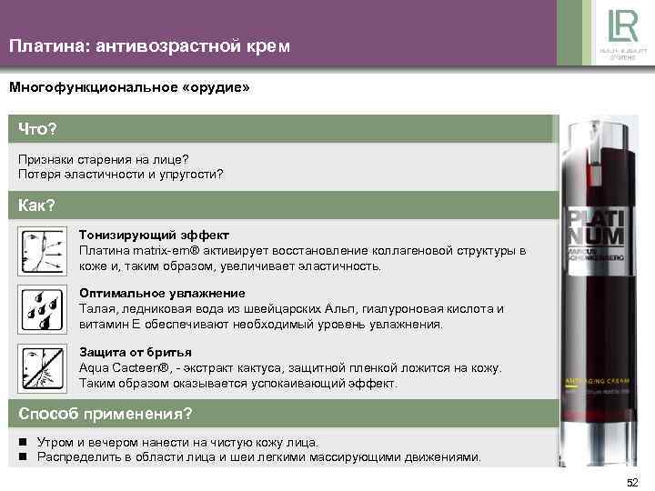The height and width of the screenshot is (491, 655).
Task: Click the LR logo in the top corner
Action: [612, 26]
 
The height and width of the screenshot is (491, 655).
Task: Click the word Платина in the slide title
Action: [45, 45]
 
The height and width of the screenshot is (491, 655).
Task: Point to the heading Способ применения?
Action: [106, 414]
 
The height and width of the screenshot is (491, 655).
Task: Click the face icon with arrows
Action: [42, 252]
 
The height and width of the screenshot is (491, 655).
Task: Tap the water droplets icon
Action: [42, 309]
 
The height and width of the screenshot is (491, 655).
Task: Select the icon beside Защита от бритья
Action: [42, 367]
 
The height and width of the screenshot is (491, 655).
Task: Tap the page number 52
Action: [633, 481]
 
